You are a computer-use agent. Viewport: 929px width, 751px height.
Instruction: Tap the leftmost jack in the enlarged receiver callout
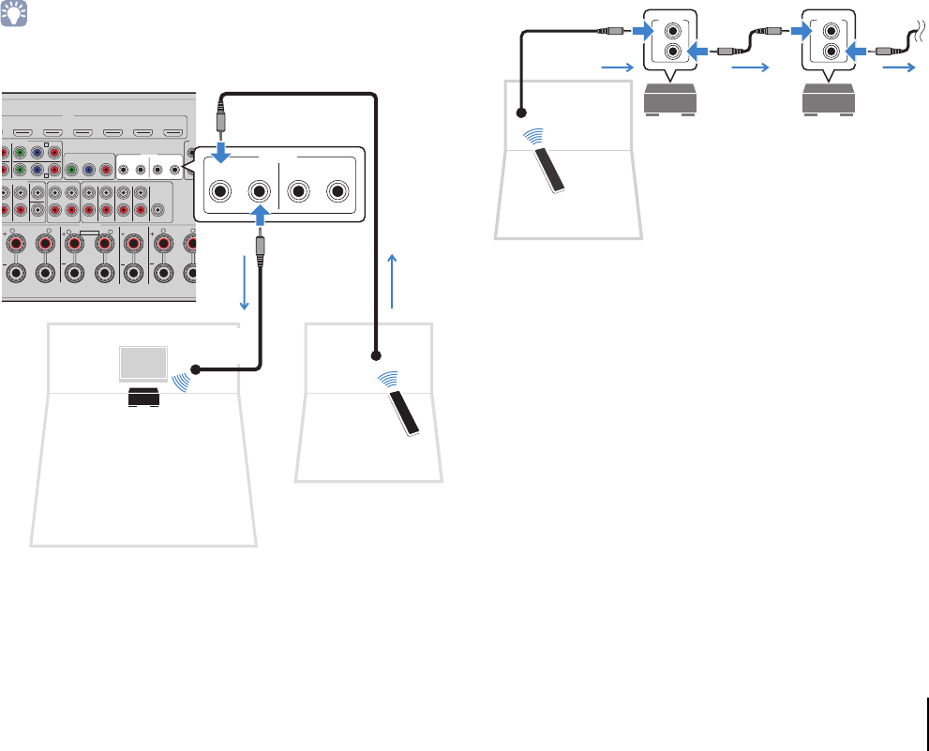(x=220, y=191)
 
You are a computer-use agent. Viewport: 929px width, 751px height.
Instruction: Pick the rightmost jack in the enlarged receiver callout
(x=337, y=191)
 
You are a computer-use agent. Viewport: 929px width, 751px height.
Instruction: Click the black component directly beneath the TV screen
(x=143, y=398)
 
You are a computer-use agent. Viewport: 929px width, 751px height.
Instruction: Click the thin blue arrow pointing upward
(x=393, y=280)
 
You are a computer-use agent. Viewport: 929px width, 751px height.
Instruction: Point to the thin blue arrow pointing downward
(x=246, y=280)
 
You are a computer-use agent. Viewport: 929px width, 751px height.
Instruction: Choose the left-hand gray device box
(x=669, y=99)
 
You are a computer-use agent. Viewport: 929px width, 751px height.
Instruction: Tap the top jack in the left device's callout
(x=672, y=30)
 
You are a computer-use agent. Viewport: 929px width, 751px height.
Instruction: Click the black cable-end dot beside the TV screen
(x=196, y=368)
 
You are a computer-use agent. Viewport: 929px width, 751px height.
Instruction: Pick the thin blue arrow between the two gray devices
(x=751, y=68)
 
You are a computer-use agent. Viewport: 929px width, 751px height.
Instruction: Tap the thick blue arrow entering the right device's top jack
(x=799, y=30)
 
